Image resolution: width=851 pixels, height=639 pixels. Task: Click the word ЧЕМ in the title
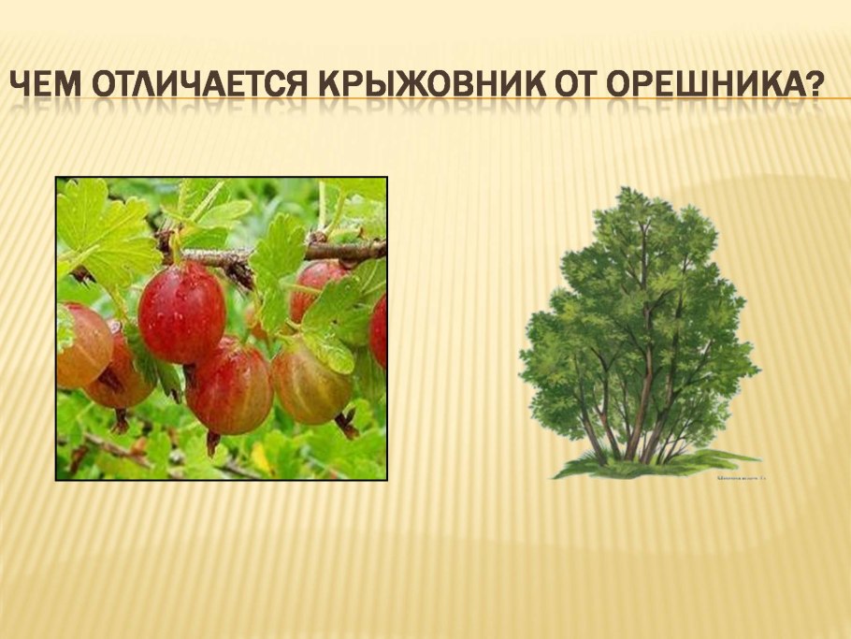point(47,88)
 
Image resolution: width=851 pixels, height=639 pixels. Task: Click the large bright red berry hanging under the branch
point(182,312)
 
